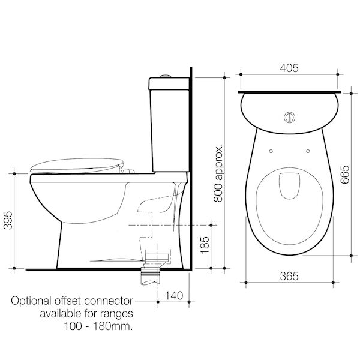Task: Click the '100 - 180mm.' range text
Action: coord(97,326)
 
